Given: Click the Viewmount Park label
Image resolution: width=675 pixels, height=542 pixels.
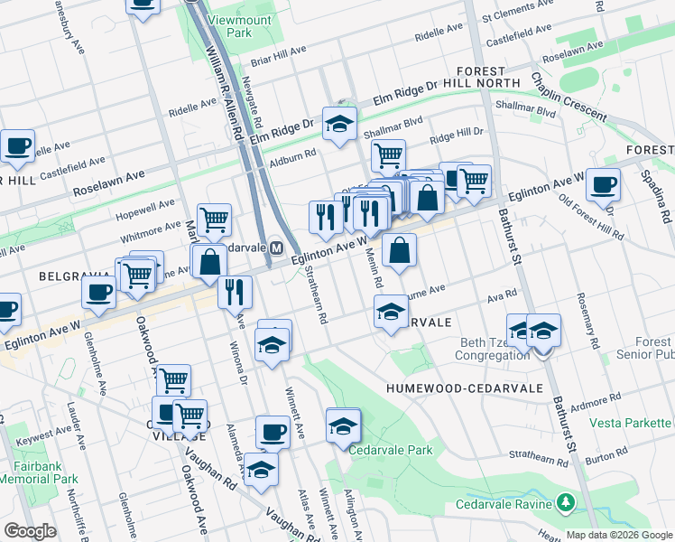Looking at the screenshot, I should coord(227,25).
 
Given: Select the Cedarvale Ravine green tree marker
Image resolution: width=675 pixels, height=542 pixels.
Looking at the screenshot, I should coord(566,501).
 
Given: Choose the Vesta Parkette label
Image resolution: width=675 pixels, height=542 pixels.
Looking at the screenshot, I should coord(631,423).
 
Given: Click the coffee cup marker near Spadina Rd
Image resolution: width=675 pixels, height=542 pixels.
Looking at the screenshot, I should coord(603,185).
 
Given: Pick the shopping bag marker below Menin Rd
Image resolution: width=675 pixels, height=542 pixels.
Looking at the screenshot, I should coord(399,249).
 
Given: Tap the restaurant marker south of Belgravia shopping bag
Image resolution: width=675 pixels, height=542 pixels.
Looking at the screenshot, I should coord(235,291).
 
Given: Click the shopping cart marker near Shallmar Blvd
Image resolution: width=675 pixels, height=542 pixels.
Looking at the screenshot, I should coord(388,155).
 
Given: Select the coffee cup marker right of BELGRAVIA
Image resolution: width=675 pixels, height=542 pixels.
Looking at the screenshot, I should coord(98,292).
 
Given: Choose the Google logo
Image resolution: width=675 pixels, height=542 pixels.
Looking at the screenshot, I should coord(31,531).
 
